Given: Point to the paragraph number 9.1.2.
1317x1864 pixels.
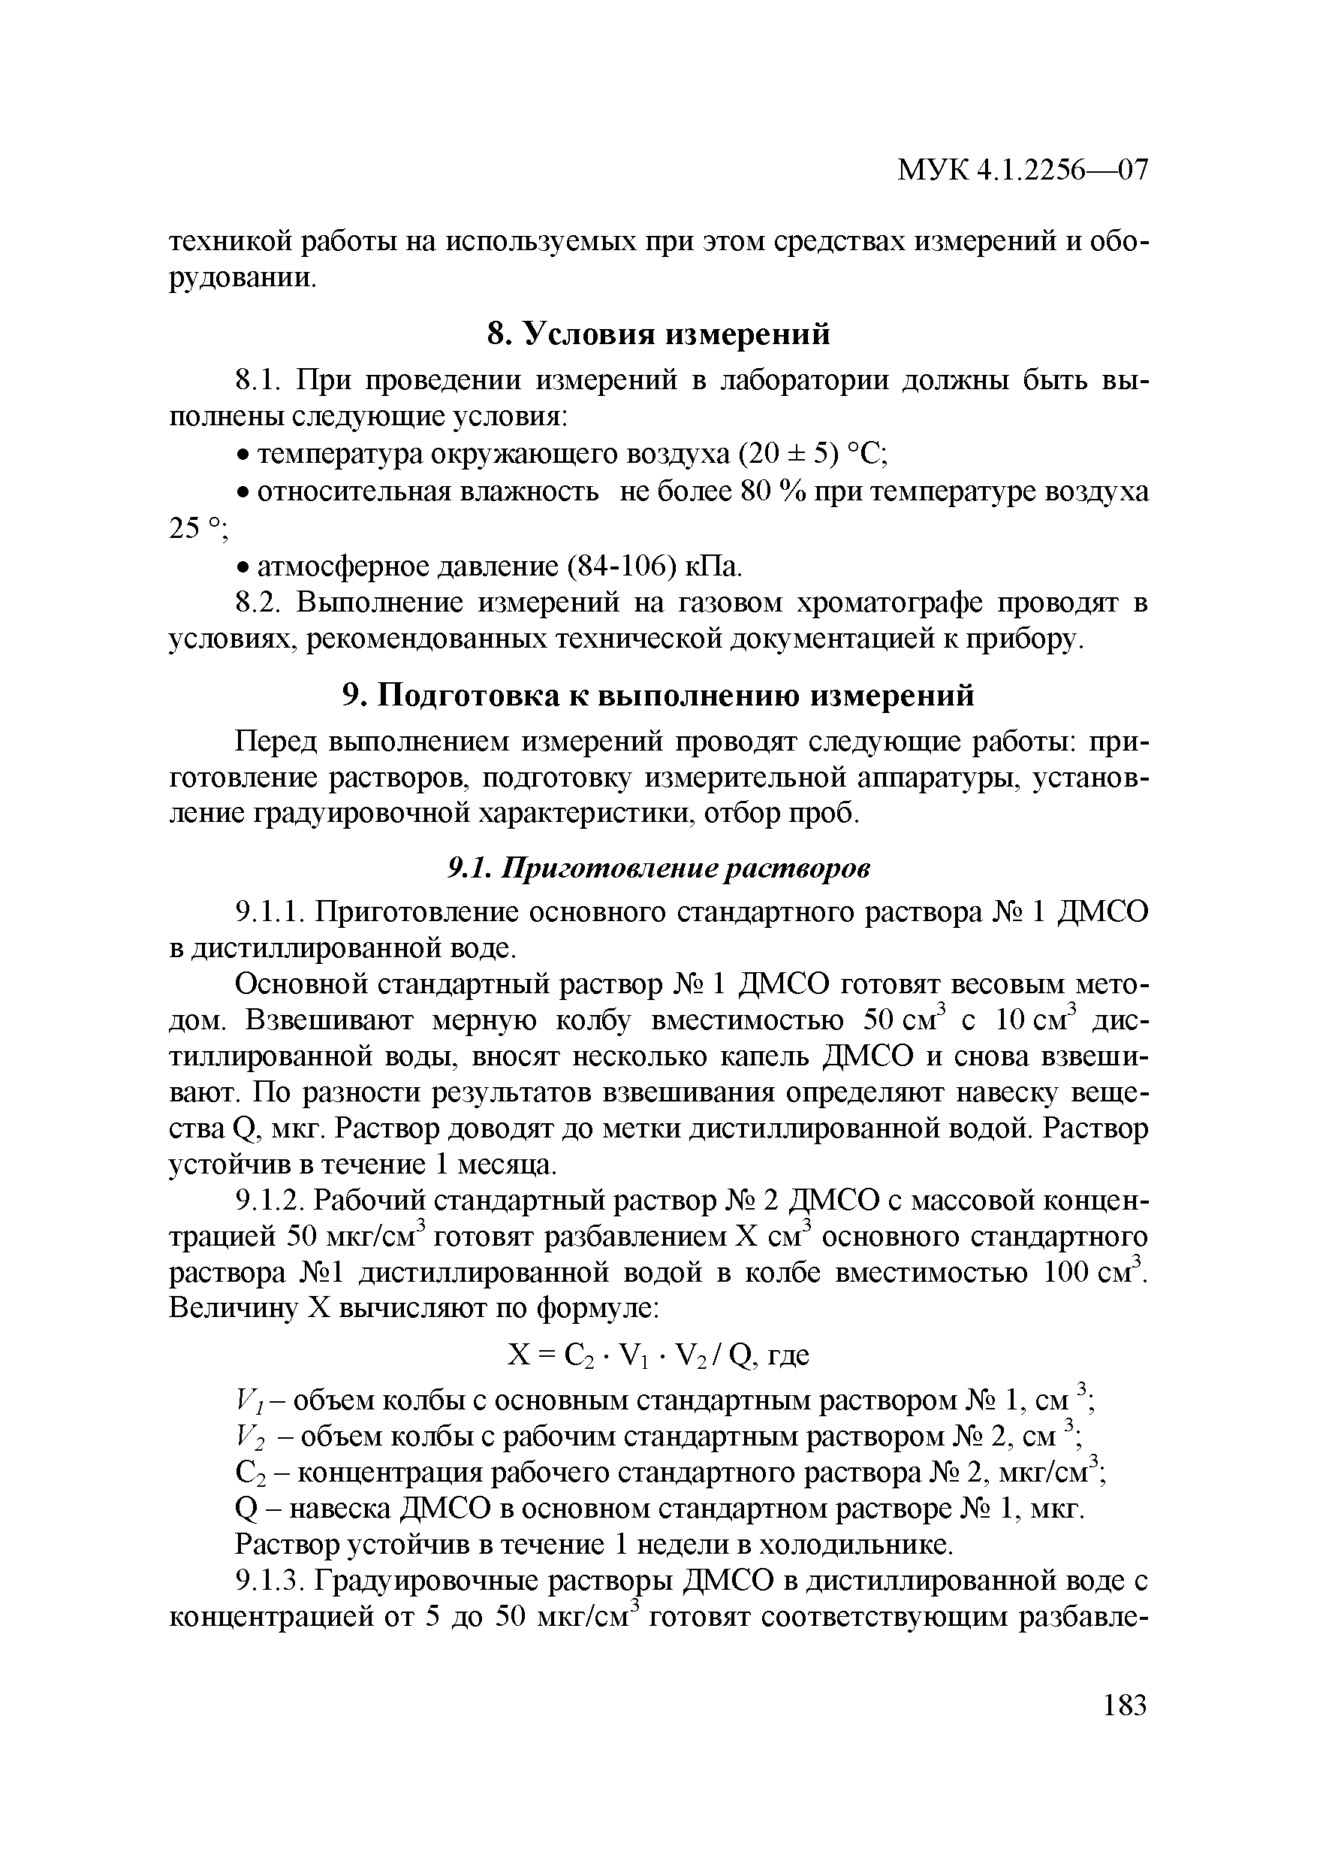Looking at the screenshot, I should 269,1199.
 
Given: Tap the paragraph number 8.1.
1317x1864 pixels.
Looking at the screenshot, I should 258,380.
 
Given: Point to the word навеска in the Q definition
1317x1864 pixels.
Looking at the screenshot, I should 342,1509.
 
